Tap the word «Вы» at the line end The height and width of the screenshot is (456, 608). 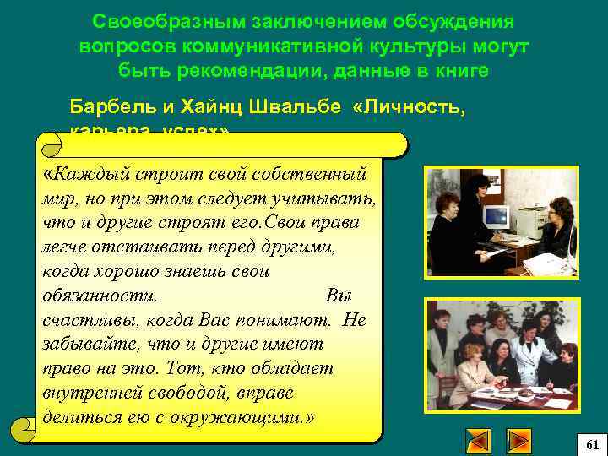338,296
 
